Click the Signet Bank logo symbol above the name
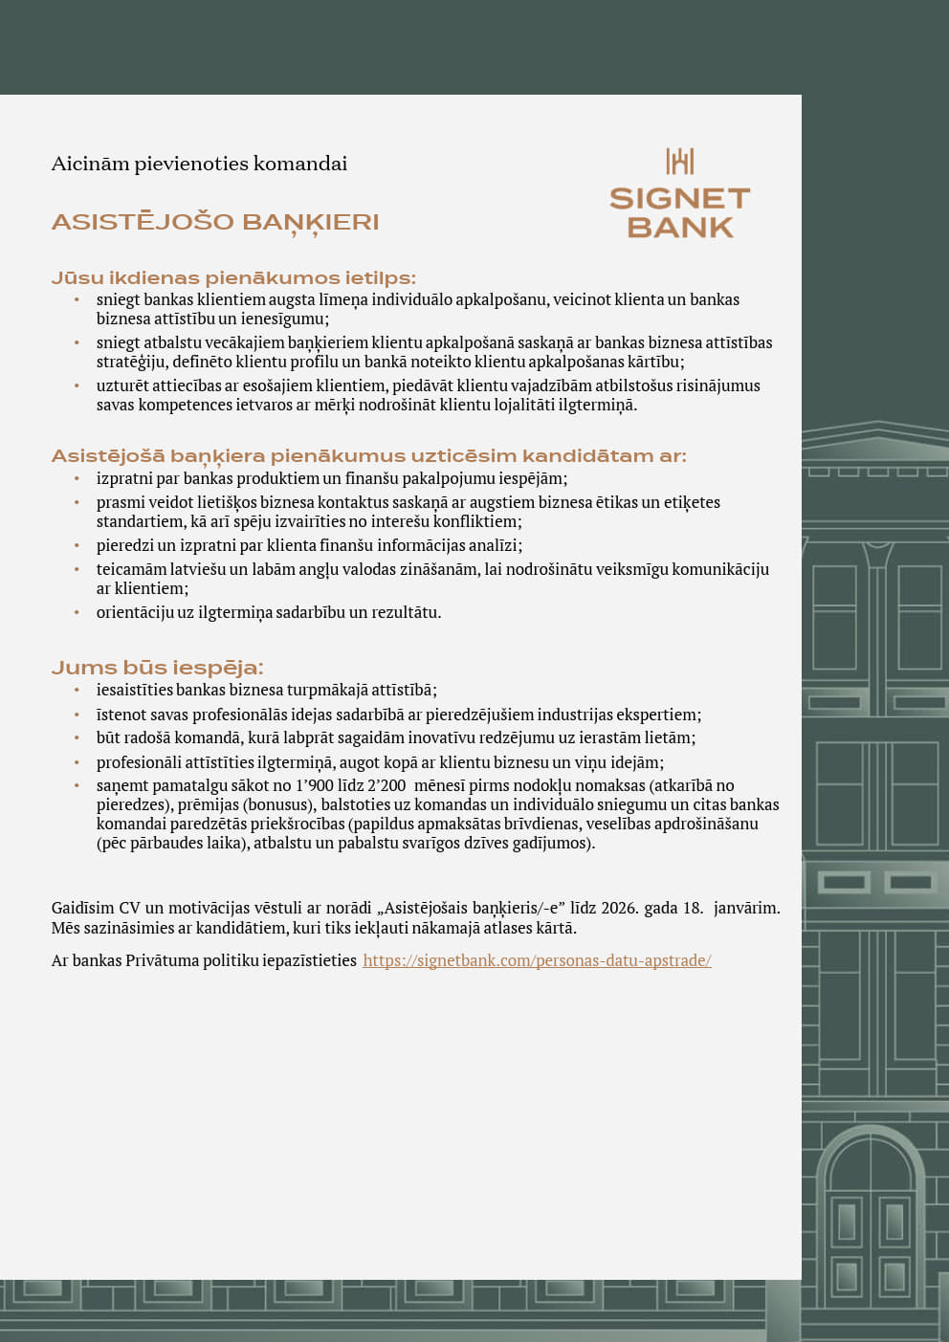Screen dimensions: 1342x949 (x=680, y=162)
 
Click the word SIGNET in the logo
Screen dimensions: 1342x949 (x=680, y=199)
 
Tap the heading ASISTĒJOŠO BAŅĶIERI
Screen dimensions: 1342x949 (x=215, y=223)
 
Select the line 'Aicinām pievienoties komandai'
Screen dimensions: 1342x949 (x=199, y=164)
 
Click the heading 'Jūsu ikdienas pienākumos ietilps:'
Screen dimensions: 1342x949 (x=233, y=278)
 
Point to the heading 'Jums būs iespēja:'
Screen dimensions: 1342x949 (x=157, y=668)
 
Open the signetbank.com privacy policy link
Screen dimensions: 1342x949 (x=537, y=960)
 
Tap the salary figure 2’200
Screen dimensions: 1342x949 (x=386, y=785)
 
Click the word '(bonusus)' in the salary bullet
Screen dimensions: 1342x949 (x=277, y=804)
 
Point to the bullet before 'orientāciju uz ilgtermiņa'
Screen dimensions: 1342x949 (x=77, y=612)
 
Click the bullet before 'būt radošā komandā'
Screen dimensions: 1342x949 (x=77, y=738)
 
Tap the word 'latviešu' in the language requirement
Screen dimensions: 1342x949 (x=198, y=569)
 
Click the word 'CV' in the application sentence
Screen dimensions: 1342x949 (x=129, y=908)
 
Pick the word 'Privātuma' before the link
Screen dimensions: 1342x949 (x=163, y=960)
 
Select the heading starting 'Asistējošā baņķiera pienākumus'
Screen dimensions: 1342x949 (x=368, y=456)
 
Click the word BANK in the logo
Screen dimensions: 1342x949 (x=680, y=228)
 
